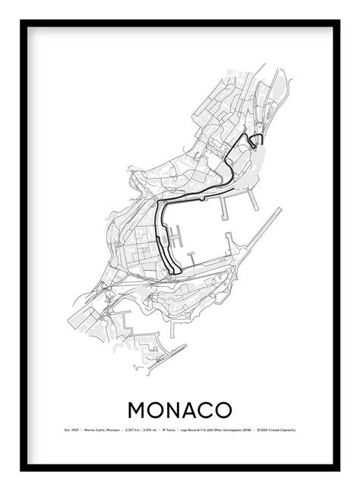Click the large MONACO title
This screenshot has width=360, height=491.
(x=179, y=408)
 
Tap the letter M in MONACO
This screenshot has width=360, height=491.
(x=140, y=408)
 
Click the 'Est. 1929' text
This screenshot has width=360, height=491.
(x=71, y=432)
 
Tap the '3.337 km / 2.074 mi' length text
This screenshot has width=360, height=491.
(x=140, y=432)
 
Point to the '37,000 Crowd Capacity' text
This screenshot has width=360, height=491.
(x=276, y=432)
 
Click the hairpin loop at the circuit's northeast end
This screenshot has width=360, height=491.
(x=256, y=139)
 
